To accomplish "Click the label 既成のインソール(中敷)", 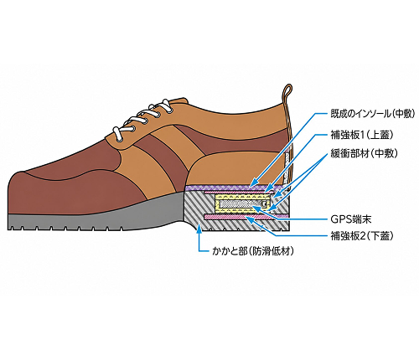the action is click(x=373, y=114).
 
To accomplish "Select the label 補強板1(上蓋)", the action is click(x=362, y=135).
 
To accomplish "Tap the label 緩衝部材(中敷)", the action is click(x=364, y=153).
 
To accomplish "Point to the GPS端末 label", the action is click(x=351, y=219).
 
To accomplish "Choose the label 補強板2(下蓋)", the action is click(x=362, y=236).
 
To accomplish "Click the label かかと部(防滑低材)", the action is click(x=253, y=251).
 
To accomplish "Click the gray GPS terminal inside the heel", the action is click(x=241, y=204).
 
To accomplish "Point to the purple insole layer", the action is click(x=234, y=188).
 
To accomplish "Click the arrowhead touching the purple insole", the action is click(x=252, y=183).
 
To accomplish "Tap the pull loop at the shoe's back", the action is click(x=286, y=92).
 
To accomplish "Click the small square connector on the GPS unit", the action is click(x=264, y=203).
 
